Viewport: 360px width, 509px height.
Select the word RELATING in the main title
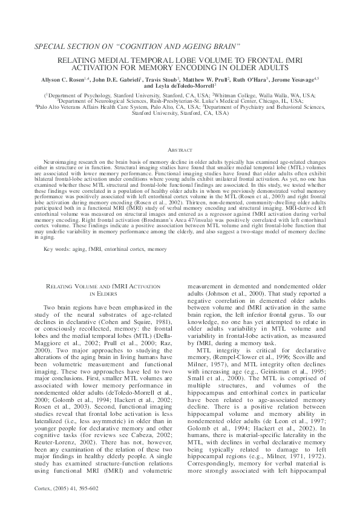78,61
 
